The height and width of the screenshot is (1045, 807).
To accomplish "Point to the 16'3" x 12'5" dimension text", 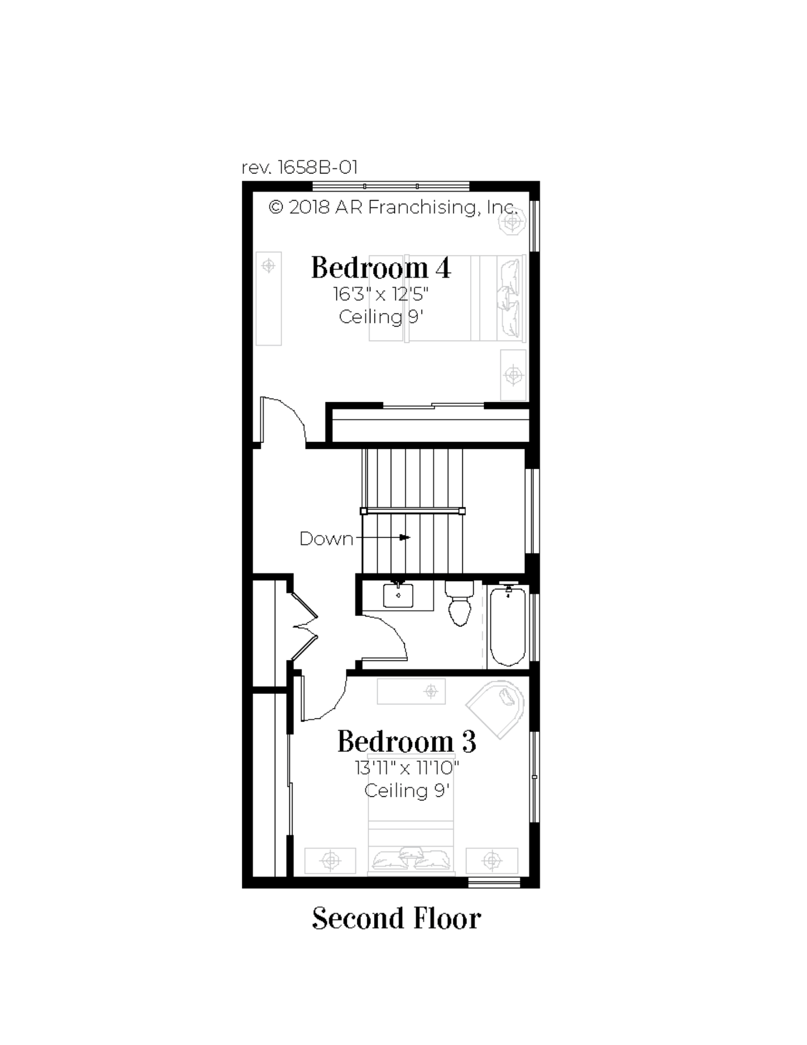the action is pyautogui.click(x=381, y=294).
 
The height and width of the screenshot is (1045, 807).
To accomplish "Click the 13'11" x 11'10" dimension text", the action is pyautogui.click(x=407, y=768).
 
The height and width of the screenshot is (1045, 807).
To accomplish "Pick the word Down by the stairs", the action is pyautogui.click(x=326, y=539).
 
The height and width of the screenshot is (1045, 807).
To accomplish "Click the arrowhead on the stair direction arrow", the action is pyautogui.click(x=405, y=537).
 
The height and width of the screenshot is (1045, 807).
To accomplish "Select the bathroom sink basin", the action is pyautogui.click(x=398, y=595).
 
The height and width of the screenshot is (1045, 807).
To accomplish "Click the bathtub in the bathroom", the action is pyautogui.click(x=508, y=626).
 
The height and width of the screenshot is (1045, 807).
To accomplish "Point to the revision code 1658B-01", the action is pyautogui.click(x=300, y=167).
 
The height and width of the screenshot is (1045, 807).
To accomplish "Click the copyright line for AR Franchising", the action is pyautogui.click(x=393, y=207).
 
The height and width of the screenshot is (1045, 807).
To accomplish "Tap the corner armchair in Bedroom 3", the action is pyautogui.click(x=496, y=708).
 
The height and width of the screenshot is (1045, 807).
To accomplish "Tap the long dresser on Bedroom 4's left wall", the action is pyautogui.click(x=268, y=298).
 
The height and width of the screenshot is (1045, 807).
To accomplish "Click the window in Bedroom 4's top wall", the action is pyautogui.click(x=391, y=186).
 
